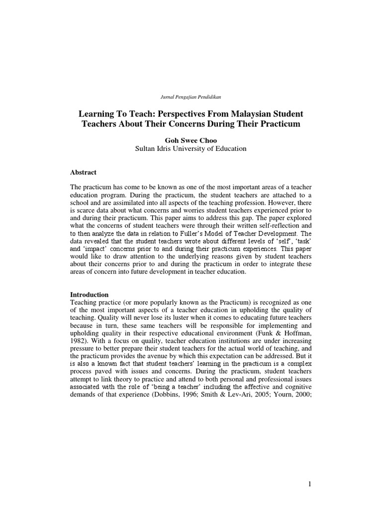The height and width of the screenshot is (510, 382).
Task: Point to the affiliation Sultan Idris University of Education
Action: tap(191, 148)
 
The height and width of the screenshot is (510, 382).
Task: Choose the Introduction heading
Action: tap(89, 294)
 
